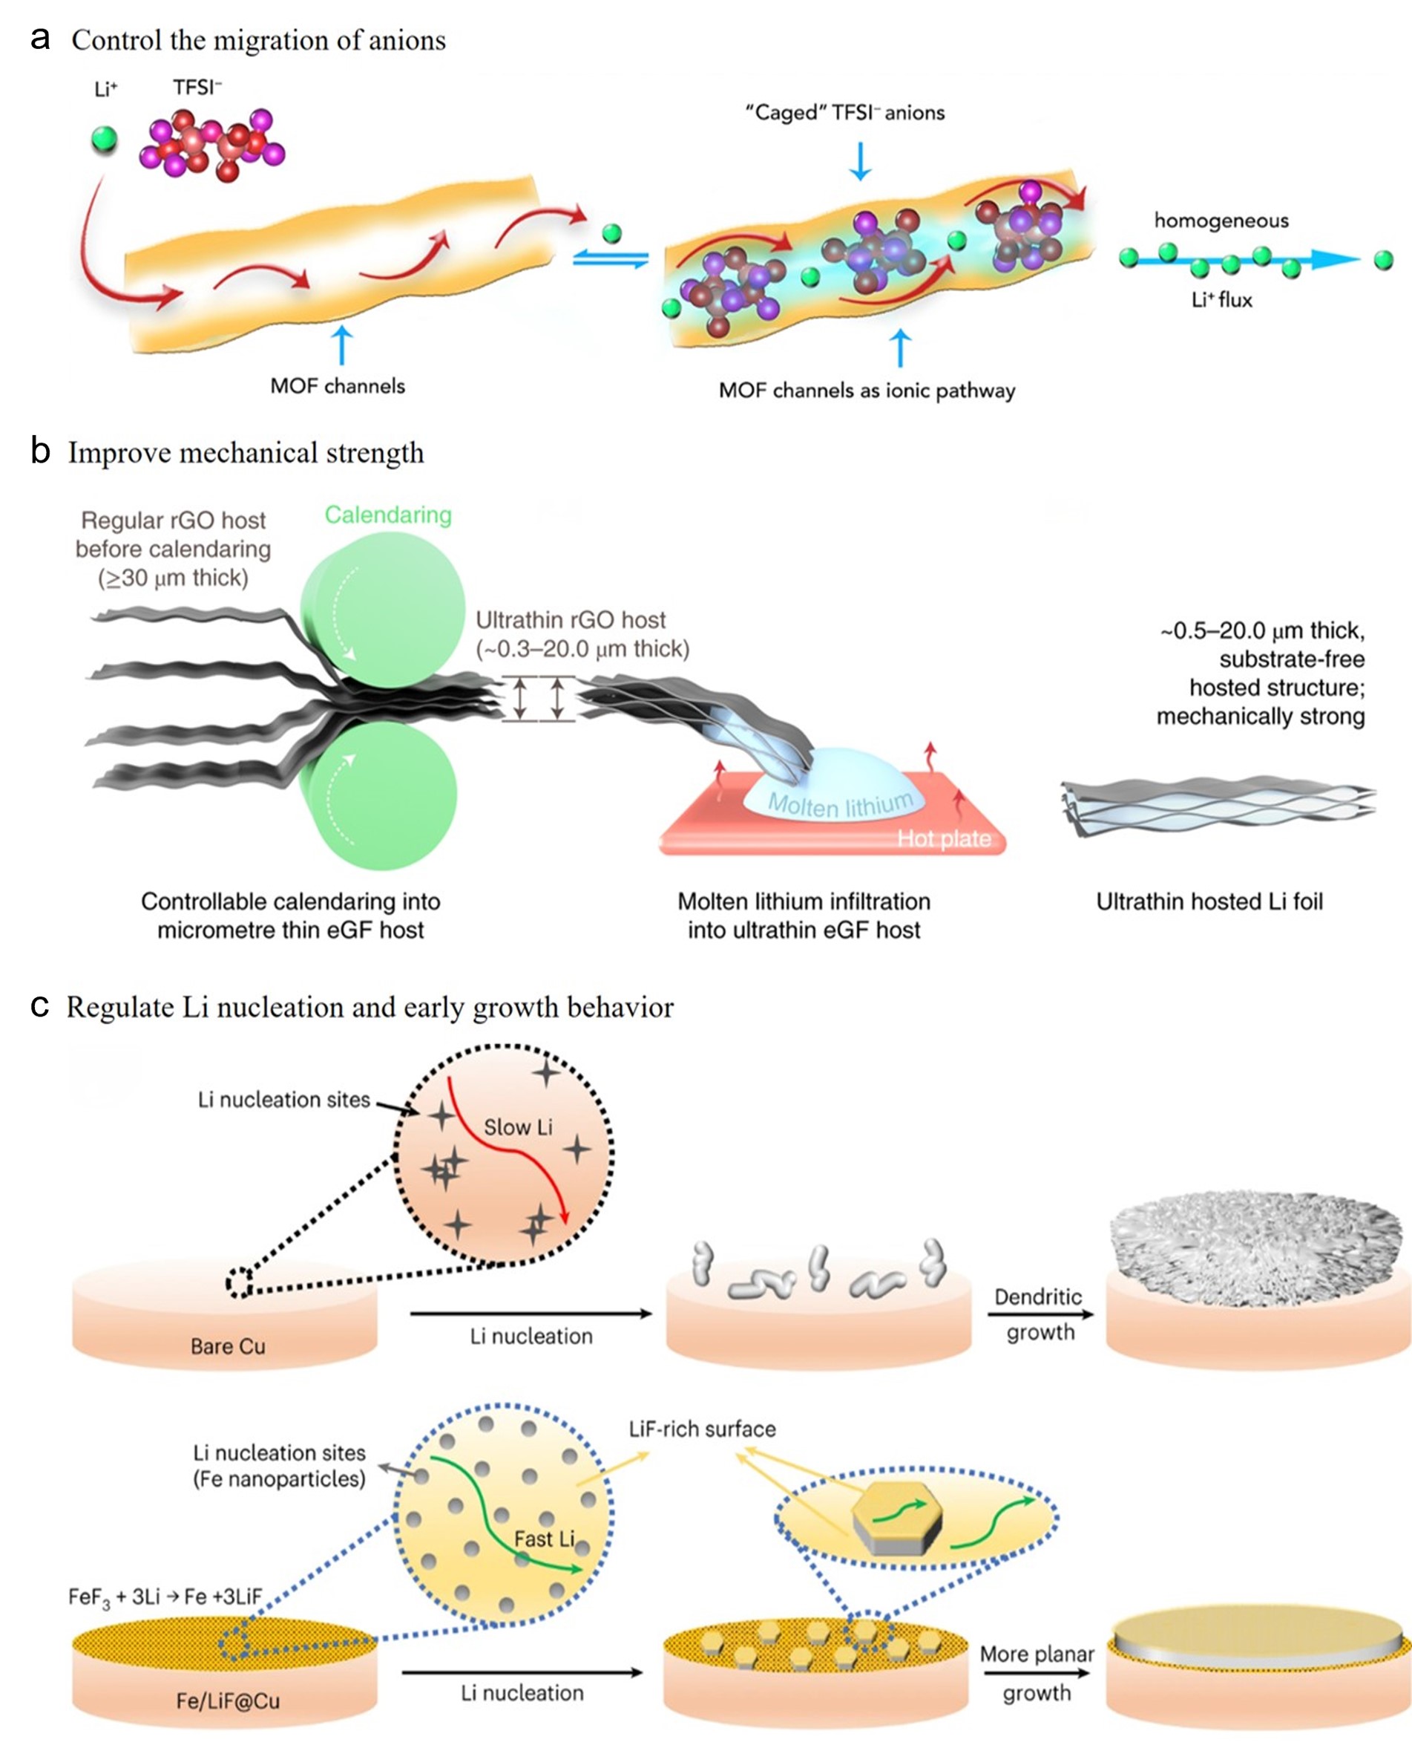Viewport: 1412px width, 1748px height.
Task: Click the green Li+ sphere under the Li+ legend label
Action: [x=104, y=140]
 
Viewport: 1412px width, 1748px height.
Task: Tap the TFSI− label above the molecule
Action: [x=197, y=88]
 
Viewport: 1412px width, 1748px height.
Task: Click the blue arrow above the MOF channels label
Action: [x=342, y=345]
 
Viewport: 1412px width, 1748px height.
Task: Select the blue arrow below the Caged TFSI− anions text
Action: [x=860, y=160]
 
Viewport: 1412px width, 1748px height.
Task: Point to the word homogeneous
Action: [x=1221, y=221]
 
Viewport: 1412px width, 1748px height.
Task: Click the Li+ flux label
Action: [x=1221, y=300]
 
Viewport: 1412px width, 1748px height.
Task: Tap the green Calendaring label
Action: [x=388, y=515]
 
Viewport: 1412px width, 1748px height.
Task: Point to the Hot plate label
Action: [x=944, y=838]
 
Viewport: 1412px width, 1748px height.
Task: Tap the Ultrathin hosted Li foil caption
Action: [x=1209, y=901]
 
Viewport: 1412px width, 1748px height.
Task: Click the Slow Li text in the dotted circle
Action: [x=517, y=1127]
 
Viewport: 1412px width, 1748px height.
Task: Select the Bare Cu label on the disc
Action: [x=228, y=1346]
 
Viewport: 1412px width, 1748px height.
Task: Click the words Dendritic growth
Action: [x=1039, y=1314]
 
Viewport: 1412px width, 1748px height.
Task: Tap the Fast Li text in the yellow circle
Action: [x=544, y=1539]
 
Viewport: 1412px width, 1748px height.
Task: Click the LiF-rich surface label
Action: [x=702, y=1429]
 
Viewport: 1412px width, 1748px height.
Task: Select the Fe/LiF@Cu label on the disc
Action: [x=228, y=1700]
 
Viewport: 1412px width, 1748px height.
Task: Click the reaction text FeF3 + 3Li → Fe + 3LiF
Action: [x=165, y=1597]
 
